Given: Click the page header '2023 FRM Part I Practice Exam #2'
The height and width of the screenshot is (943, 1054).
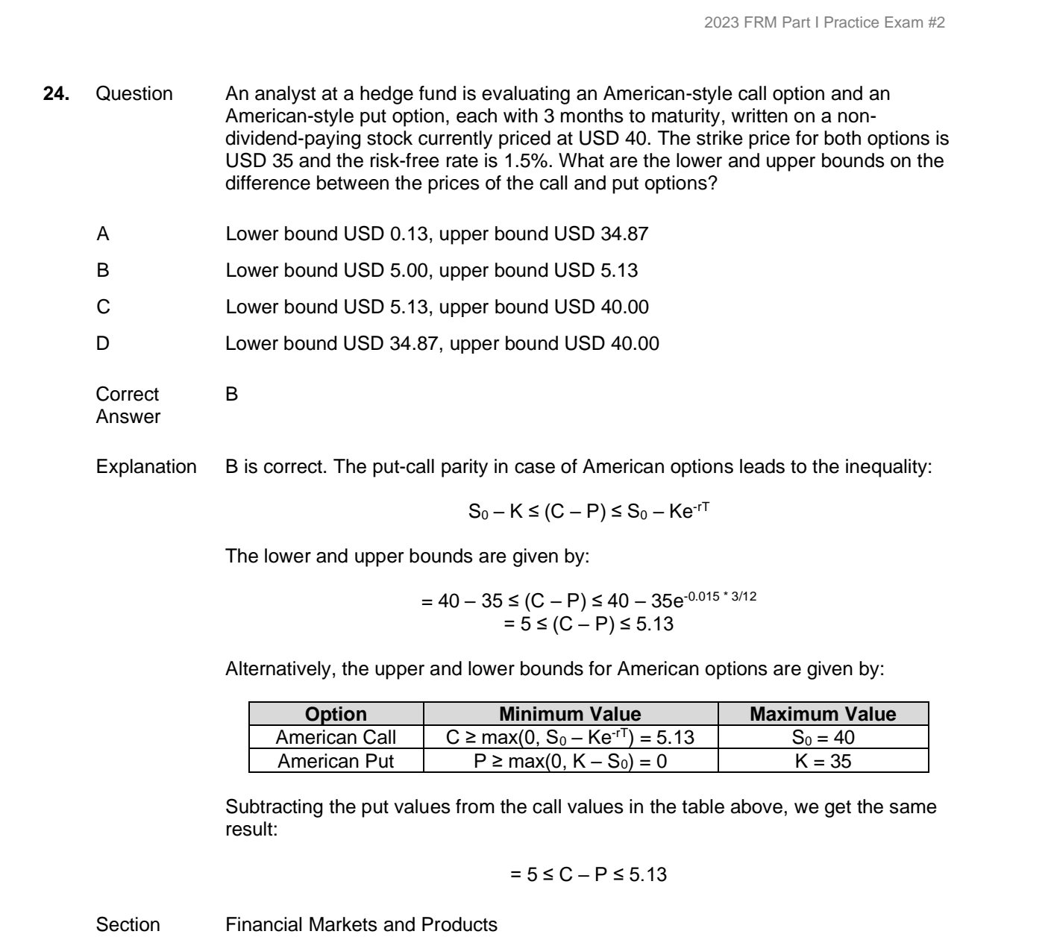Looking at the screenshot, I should [x=825, y=23].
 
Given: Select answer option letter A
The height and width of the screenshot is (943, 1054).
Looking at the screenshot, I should [x=103, y=234].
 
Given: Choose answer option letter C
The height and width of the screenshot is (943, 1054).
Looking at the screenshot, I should [x=103, y=307].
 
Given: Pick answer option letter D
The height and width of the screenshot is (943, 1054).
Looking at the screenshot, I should [x=103, y=343].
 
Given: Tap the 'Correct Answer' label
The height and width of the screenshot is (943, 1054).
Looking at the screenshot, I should [x=128, y=405].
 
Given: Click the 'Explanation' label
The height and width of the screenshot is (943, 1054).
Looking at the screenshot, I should [x=146, y=467].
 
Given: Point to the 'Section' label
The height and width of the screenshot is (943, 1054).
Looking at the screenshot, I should [x=128, y=925].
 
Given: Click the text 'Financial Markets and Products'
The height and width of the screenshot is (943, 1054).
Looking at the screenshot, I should [x=361, y=925].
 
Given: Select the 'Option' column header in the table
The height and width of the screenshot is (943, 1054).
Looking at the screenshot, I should [x=336, y=714].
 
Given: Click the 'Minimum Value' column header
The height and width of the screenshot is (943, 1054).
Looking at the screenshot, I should [x=570, y=714].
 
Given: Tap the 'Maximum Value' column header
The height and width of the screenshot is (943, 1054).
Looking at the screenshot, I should [x=822, y=714].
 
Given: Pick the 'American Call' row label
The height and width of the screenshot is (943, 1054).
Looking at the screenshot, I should [x=336, y=738].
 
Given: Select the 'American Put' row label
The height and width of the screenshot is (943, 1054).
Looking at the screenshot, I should [x=336, y=762].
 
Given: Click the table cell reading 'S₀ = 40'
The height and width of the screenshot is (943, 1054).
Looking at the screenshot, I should [x=822, y=738].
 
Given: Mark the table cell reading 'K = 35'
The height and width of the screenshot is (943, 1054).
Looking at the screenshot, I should [x=822, y=762].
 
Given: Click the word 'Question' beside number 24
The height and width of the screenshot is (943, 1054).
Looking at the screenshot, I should [x=134, y=94].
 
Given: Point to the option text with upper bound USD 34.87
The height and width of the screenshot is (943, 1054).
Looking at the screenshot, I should [x=436, y=234].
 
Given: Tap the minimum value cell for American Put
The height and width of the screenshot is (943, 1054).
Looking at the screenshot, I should [x=570, y=762].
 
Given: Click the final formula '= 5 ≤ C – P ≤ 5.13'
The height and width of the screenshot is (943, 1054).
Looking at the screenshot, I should [x=588, y=874].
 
